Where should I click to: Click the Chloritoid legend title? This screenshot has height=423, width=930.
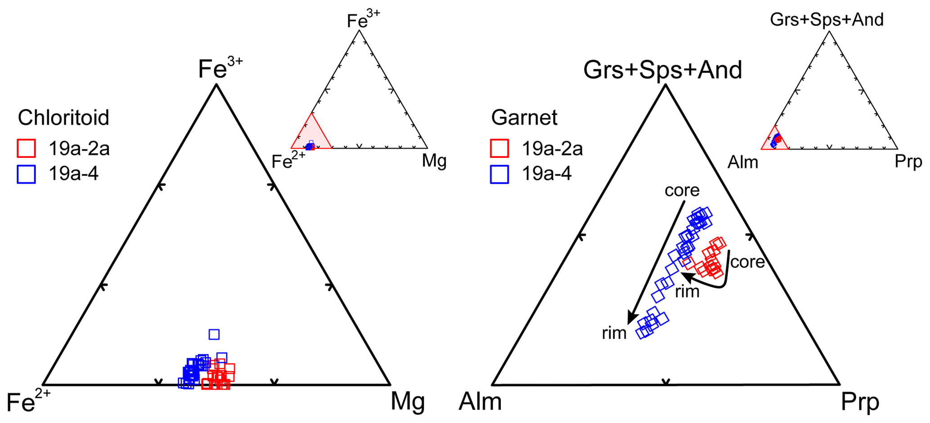pyautogui.click(x=63, y=118)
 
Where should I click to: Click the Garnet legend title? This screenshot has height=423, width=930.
pyautogui.click(x=524, y=118)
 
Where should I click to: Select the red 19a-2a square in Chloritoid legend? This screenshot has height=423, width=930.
pyautogui.click(x=26, y=148)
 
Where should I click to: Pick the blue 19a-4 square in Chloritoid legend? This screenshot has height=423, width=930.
pyautogui.click(x=26, y=174)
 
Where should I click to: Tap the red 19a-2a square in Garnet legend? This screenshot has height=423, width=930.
pyautogui.click(x=499, y=148)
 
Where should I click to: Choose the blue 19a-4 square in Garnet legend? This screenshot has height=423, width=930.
pyautogui.click(x=499, y=174)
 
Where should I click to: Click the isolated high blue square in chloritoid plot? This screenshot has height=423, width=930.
pyautogui.click(x=214, y=334)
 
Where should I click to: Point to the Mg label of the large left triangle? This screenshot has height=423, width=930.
pyautogui.click(x=407, y=401)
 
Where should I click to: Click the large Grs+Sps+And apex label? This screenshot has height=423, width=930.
pyautogui.click(x=663, y=70)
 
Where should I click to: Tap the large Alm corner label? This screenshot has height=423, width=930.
pyautogui.click(x=480, y=401)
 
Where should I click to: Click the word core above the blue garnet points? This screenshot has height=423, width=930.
pyautogui.click(x=682, y=191)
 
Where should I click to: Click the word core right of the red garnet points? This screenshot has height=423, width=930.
pyautogui.click(x=747, y=262)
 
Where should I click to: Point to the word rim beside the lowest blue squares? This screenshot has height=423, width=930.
pyautogui.click(x=614, y=333)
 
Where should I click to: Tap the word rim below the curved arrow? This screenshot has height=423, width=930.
pyautogui.click(x=687, y=292)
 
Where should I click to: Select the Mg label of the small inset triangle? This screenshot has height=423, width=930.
pyautogui.click(x=434, y=160)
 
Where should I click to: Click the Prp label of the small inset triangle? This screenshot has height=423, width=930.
pyautogui.click(x=908, y=161)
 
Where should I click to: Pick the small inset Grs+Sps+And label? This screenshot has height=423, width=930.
pyautogui.click(x=827, y=20)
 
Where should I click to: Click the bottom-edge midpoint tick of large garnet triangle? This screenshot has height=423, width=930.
pyautogui.click(x=666, y=382)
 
